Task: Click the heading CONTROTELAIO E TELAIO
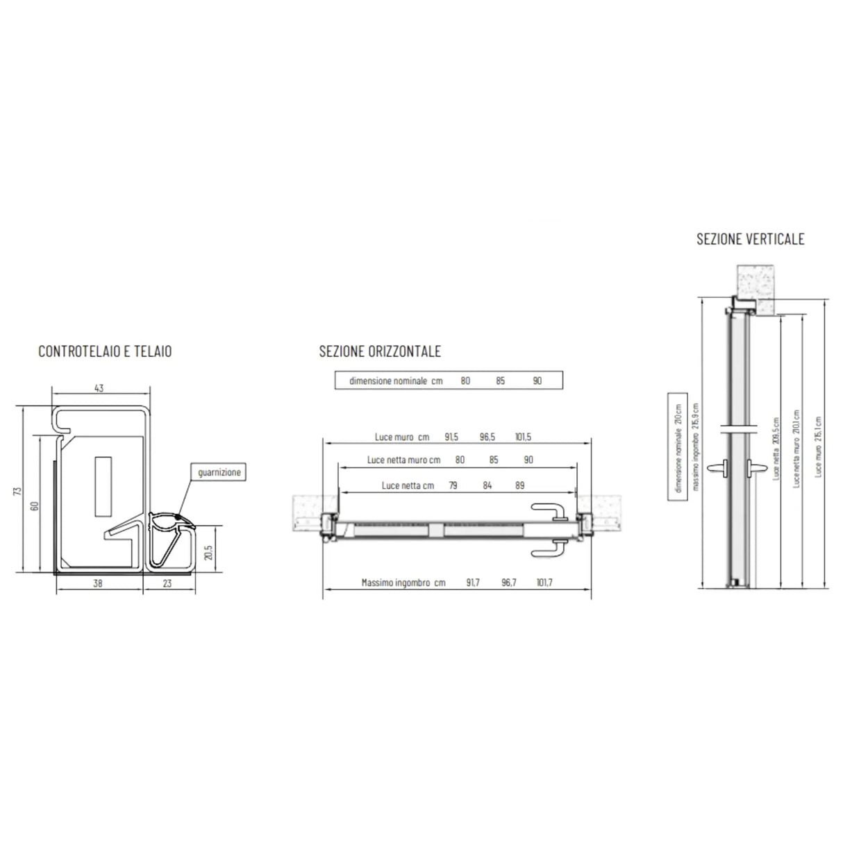(x=105, y=351)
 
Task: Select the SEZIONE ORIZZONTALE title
(x=380, y=351)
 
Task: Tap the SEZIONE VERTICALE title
(x=750, y=239)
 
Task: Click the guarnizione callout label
(x=219, y=472)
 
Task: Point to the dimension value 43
(x=99, y=389)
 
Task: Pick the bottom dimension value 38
(x=98, y=584)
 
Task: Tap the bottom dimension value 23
(x=167, y=584)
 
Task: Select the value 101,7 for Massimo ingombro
(x=544, y=583)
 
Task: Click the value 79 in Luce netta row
(x=453, y=485)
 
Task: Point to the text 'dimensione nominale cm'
(x=396, y=381)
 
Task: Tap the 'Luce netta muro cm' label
(x=403, y=460)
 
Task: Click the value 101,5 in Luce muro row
(x=523, y=437)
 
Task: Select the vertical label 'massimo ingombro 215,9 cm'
(x=697, y=448)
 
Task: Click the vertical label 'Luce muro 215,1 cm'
(x=819, y=446)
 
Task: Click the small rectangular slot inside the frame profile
(x=103, y=486)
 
